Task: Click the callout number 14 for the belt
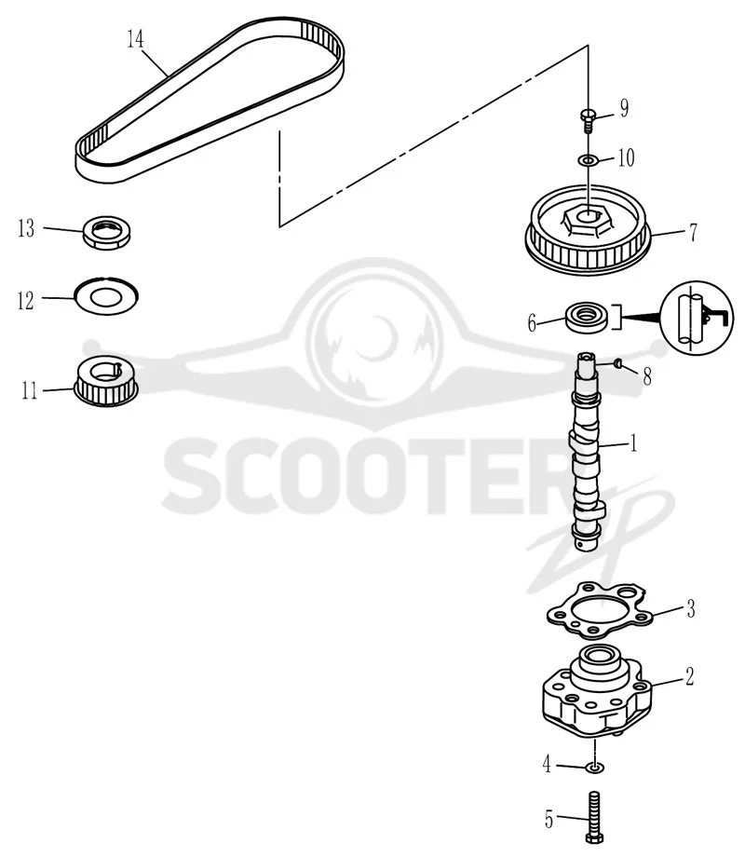[x=136, y=39]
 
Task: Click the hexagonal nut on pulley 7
[x=588, y=219]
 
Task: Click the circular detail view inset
[x=697, y=318]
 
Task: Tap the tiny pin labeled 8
[x=618, y=362]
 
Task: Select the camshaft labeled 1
[x=589, y=451]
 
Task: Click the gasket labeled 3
[x=600, y=610]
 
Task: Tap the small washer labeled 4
[x=595, y=768]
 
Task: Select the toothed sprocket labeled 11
[x=106, y=381]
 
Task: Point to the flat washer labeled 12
[x=106, y=296]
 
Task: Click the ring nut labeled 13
[x=106, y=233]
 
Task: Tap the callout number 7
[x=693, y=233]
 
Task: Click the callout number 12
[x=26, y=301]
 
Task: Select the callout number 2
[x=690, y=676]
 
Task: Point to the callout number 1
[x=634, y=443]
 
